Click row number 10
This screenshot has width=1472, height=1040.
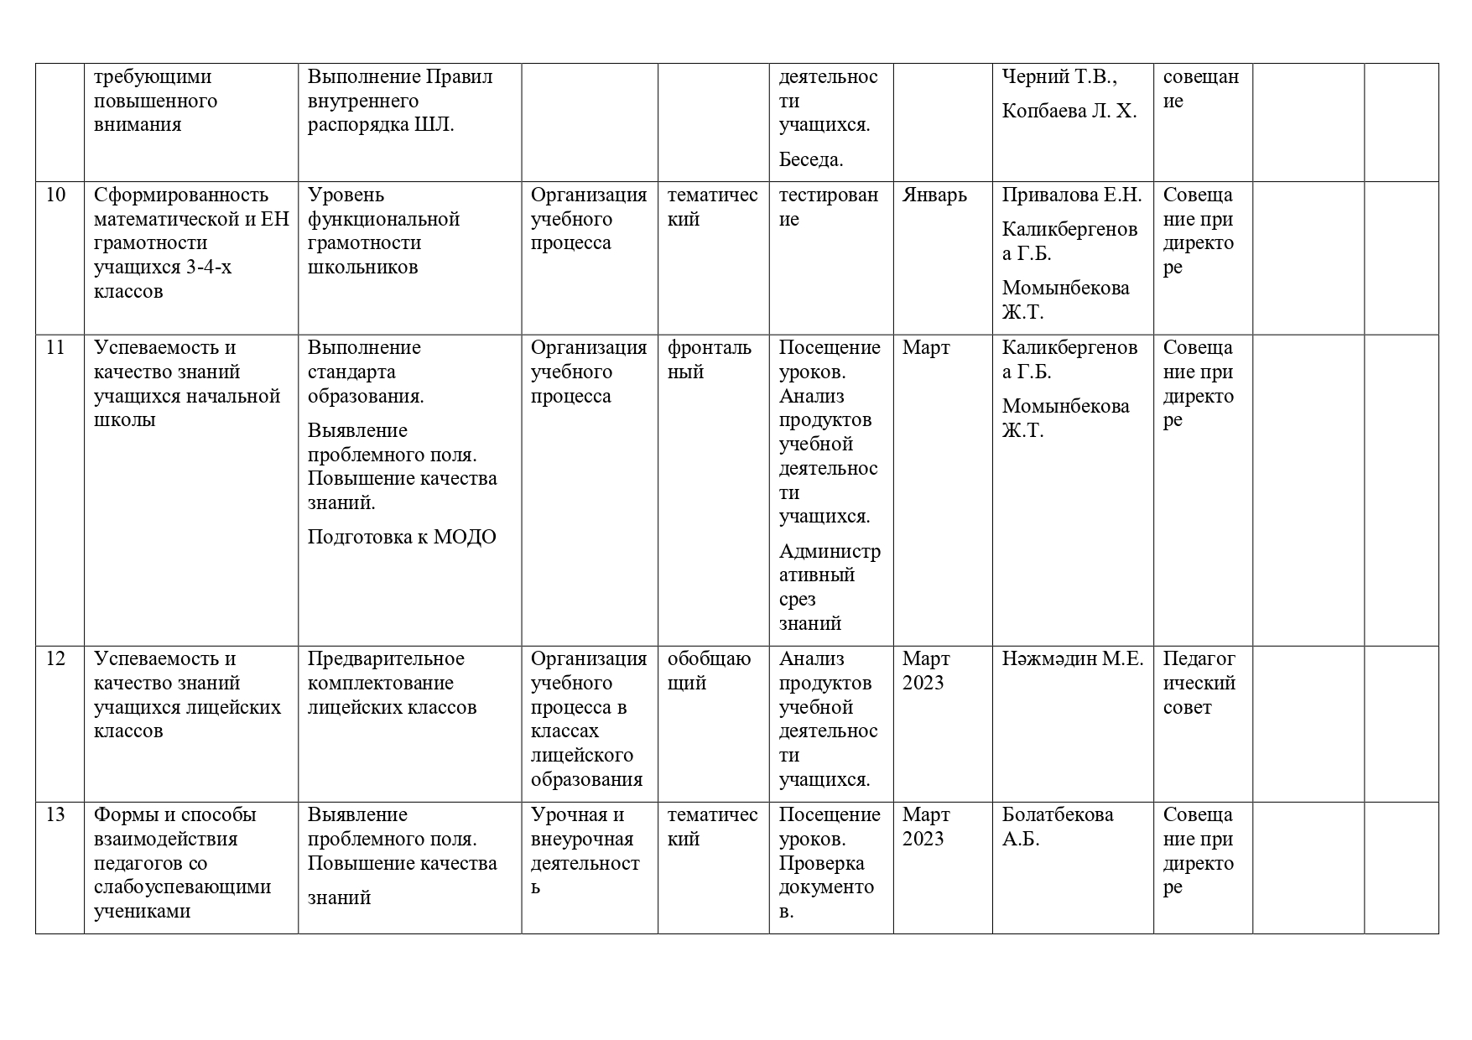(55, 195)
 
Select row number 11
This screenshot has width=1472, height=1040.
(55, 348)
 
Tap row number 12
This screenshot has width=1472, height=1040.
(55, 659)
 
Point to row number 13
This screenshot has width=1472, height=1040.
(55, 815)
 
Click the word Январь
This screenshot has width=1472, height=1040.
(934, 195)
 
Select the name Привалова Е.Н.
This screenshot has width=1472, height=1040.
(1072, 195)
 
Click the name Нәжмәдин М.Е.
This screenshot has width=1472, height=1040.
(1072, 659)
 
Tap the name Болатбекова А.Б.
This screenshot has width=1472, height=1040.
(1058, 827)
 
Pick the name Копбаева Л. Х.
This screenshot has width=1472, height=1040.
(1069, 112)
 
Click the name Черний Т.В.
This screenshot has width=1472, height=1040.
(1058, 77)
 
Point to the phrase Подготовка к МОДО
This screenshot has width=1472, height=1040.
(402, 538)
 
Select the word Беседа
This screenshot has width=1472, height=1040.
(811, 159)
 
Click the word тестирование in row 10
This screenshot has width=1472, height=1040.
(829, 207)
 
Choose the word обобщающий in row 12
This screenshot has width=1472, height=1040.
(710, 671)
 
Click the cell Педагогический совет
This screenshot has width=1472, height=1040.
(1199, 683)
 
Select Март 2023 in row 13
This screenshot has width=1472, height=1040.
(926, 827)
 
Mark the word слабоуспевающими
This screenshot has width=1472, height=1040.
(182, 887)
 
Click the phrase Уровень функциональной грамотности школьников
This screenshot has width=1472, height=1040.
(383, 231)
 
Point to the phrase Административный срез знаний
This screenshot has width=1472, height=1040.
(829, 587)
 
